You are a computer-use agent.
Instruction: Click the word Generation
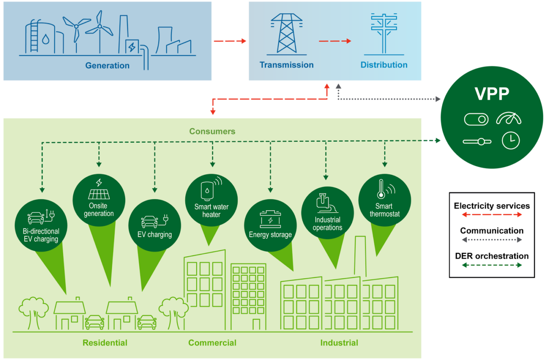(x=107, y=66)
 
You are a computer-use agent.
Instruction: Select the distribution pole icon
(x=384, y=34)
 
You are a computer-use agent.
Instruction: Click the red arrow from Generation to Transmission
(x=230, y=41)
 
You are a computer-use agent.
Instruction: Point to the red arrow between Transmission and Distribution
(x=335, y=41)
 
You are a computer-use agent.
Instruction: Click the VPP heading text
(x=492, y=94)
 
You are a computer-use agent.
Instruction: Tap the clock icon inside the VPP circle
(x=511, y=140)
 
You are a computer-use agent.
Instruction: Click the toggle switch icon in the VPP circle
(x=476, y=119)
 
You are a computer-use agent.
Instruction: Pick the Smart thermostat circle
(x=385, y=200)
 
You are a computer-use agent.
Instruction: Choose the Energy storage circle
(x=270, y=225)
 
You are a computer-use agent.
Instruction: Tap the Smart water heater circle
(x=211, y=200)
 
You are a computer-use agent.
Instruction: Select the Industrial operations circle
(x=327, y=213)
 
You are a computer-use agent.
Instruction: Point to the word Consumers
(x=212, y=131)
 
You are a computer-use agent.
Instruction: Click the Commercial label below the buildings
(x=212, y=343)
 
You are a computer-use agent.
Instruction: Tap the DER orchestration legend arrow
(x=492, y=265)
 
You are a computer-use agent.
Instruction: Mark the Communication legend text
(x=492, y=231)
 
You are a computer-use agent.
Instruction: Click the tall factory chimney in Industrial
(x=360, y=255)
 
